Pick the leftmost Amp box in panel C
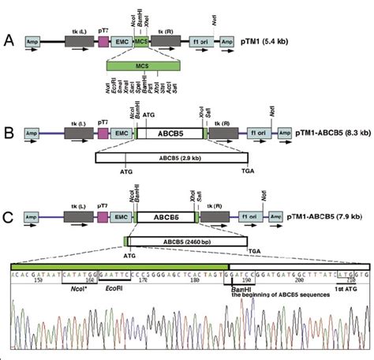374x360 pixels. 32,214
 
